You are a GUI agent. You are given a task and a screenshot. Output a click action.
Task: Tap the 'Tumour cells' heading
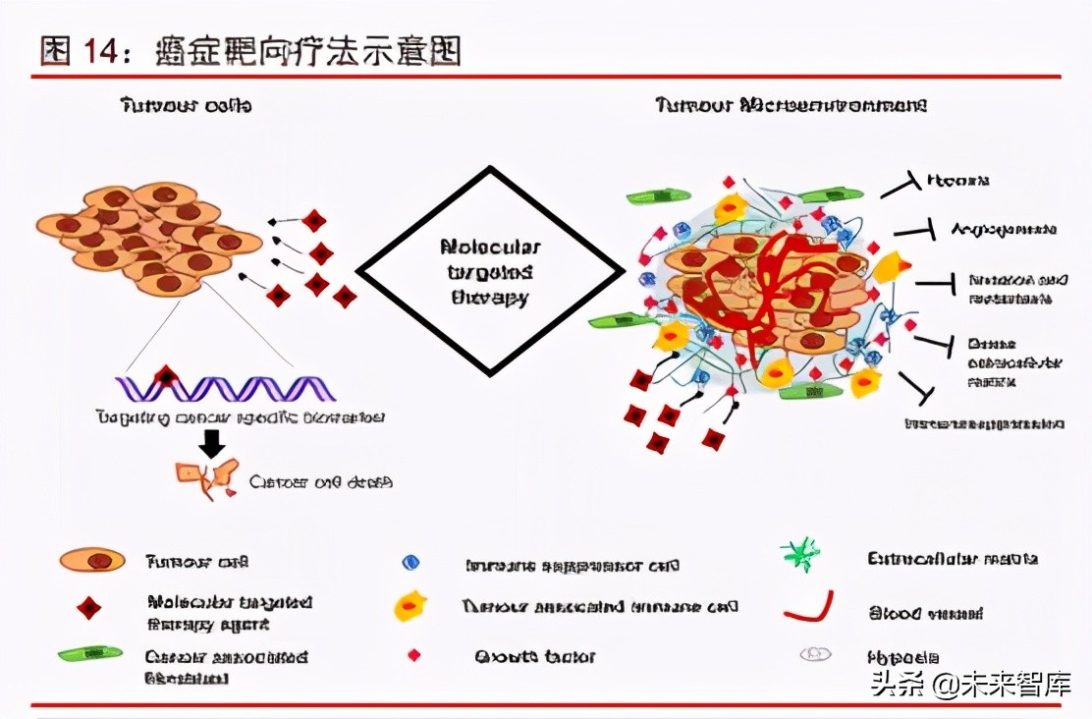click(186, 104)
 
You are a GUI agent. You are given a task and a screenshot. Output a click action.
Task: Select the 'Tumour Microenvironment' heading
click(791, 104)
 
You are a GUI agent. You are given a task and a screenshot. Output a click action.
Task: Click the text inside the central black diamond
click(490, 272)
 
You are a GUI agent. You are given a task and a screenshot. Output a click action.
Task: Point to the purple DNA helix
click(225, 389)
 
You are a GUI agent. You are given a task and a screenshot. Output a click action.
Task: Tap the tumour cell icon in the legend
click(93, 561)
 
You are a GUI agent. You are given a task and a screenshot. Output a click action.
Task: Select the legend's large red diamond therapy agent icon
click(89, 608)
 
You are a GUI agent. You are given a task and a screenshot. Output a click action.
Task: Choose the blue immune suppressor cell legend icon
click(410, 563)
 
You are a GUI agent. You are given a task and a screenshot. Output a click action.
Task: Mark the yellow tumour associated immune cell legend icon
click(409, 607)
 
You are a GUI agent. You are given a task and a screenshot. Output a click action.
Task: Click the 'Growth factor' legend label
click(535, 656)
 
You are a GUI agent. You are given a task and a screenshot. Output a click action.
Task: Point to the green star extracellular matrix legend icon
click(801, 556)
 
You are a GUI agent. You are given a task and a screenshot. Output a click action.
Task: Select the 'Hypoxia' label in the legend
click(903, 656)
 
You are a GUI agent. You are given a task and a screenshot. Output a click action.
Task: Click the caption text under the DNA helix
click(240, 417)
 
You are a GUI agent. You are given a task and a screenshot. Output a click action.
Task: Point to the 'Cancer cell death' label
click(321, 482)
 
